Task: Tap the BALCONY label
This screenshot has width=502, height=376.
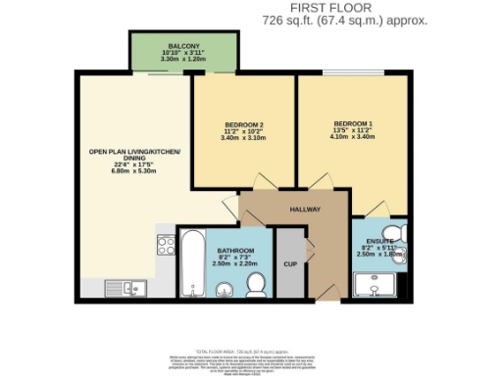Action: pos(183,46)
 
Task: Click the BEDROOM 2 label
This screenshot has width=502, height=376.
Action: pos(244,124)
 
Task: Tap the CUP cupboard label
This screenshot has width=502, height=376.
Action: pos(289,263)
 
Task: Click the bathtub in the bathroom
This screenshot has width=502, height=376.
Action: pos(191,262)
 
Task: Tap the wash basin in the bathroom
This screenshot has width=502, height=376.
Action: pos(224,288)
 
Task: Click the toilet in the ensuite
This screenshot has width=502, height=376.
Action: pos(400,231)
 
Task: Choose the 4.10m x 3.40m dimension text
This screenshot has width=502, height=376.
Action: pos(348,138)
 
